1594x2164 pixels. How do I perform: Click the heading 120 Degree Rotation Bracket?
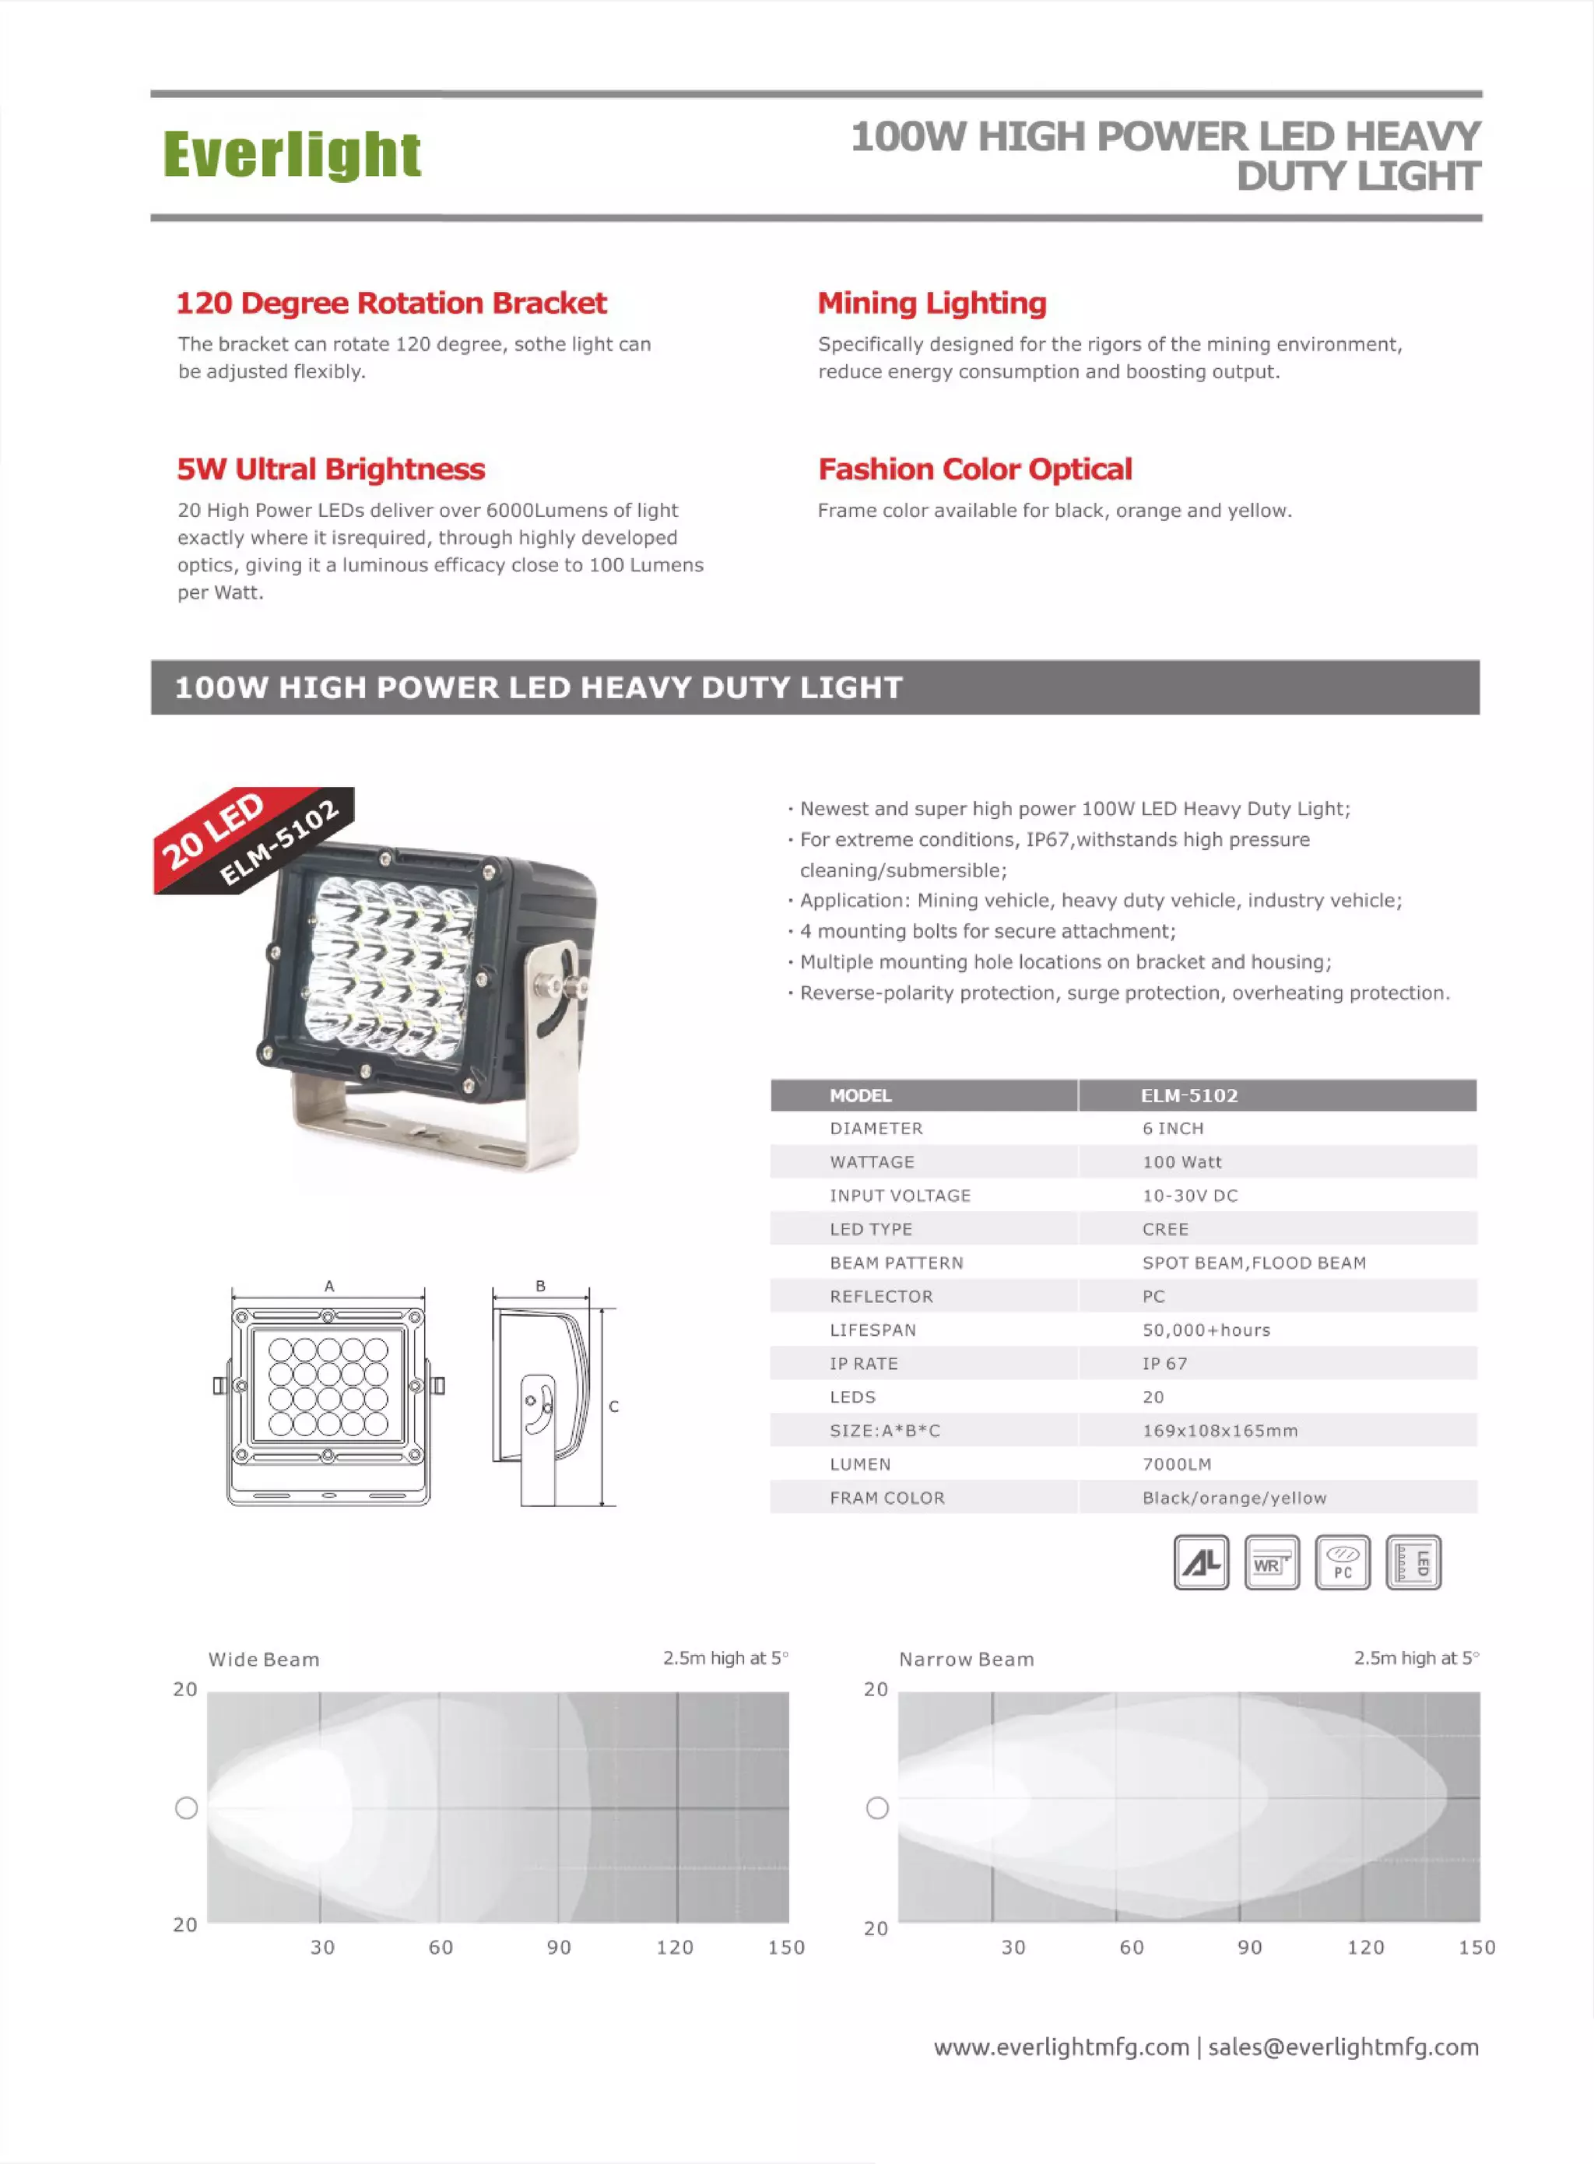(391, 303)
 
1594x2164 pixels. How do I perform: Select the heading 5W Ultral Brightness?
(330, 469)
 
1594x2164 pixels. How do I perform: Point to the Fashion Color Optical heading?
(974, 469)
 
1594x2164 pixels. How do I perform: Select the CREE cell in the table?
(1164, 1229)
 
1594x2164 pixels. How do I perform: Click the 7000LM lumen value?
(1176, 1463)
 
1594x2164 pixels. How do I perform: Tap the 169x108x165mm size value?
(1220, 1431)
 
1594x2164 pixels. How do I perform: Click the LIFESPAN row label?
(872, 1330)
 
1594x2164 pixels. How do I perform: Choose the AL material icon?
(1201, 1562)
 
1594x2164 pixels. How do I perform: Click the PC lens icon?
(1342, 1562)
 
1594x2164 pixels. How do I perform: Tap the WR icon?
(1272, 1562)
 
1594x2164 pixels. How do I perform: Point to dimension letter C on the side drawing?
(613, 1407)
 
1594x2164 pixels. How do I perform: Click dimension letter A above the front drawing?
(329, 1286)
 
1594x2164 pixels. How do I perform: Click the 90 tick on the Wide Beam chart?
(559, 1947)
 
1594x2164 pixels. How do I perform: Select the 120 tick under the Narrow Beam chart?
(1365, 1947)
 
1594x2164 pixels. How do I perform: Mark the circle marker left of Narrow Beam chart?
(877, 1808)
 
